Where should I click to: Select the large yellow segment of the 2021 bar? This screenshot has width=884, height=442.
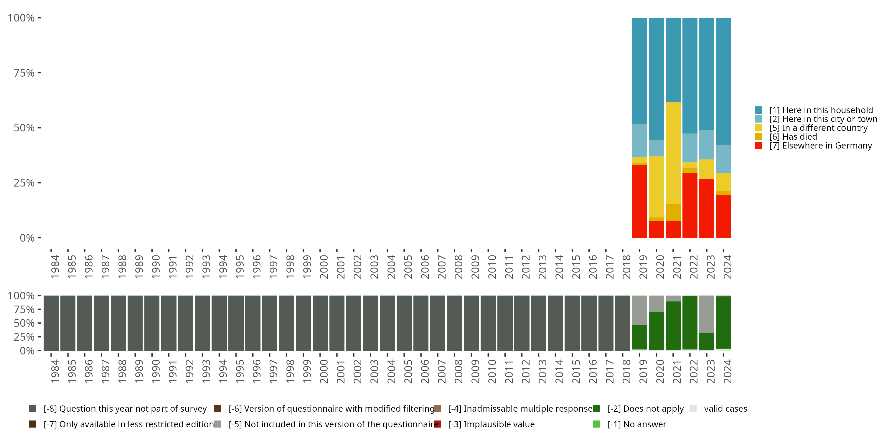pyautogui.click(x=673, y=153)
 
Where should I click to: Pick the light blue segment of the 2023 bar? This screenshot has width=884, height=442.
pyautogui.click(x=707, y=144)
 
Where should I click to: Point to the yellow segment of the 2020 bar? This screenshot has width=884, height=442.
pyautogui.click(x=656, y=187)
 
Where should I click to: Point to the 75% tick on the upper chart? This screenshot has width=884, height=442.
pyautogui.click(x=24, y=73)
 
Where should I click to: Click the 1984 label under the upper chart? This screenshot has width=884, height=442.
pyautogui.click(x=55, y=267)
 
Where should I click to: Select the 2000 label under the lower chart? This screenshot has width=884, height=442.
pyautogui.click(x=324, y=372)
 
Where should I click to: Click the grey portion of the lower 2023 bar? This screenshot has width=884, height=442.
pyautogui.click(x=707, y=314)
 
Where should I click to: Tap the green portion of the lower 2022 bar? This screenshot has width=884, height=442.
pyautogui.click(x=690, y=323)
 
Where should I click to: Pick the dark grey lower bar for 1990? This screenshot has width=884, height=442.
pyautogui.click(x=152, y=323)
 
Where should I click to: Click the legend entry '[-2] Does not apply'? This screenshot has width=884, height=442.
pyautogui.click(x=645, y=409)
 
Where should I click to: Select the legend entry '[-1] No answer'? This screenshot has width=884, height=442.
pyautogui.click(x=636, y=424)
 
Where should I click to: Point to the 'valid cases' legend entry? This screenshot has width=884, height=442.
pyautogui.click(x=725, y=409)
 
